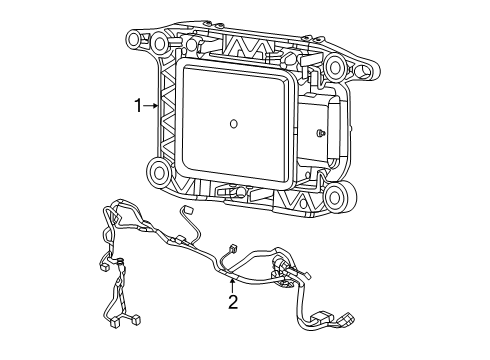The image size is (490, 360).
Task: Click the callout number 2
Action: [232, 302]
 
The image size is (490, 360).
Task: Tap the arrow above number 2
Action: [232, 284]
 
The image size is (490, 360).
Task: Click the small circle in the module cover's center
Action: [232, 124]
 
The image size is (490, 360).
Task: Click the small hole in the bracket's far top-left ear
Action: [131, 39]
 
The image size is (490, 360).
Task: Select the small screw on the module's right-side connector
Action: [318, 133]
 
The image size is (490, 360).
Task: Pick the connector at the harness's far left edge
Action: [105, 267]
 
